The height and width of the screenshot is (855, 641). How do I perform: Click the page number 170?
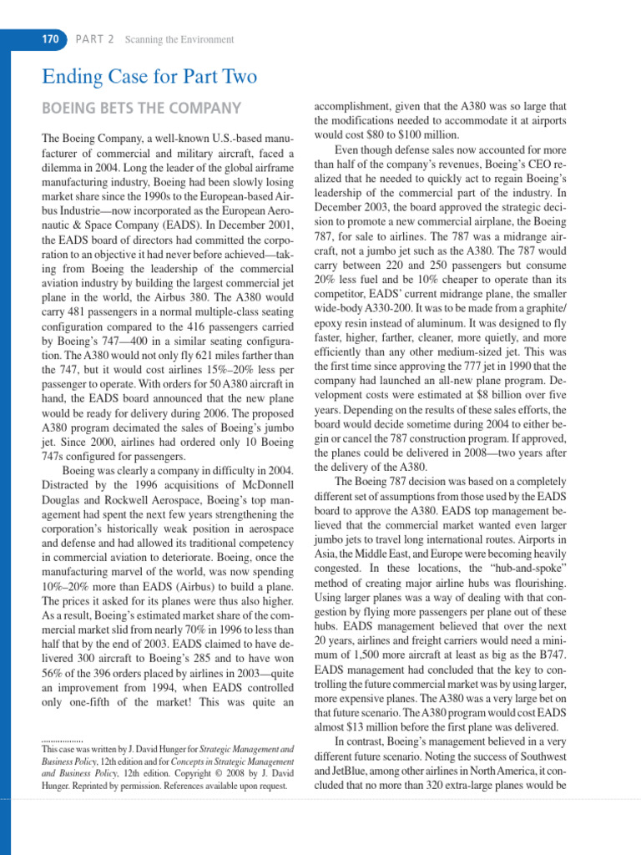pos(51,39)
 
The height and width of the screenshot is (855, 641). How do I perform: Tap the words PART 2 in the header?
pos(96,39)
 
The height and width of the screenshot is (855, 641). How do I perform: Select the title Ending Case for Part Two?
pos(149,78)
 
